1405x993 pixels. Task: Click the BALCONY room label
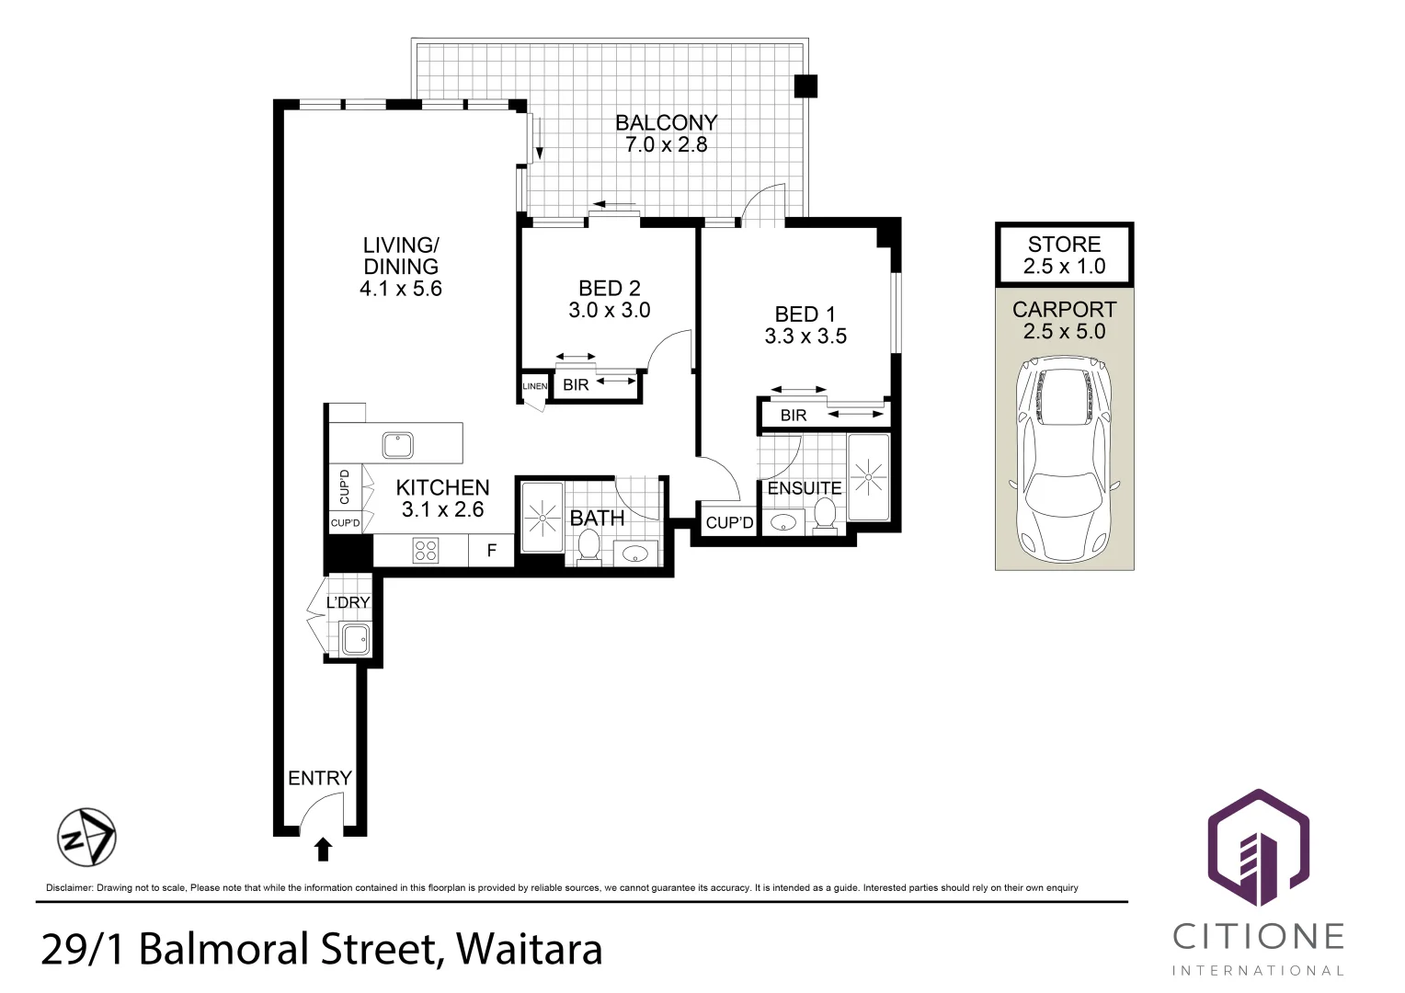pos(666,122)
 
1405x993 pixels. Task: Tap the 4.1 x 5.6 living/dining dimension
pos(401,289)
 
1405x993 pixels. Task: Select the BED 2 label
pos(609,288)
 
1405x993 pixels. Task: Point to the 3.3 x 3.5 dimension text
pos(805,337)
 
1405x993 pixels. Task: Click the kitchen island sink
pos(397,445)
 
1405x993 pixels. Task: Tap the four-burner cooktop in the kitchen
pos(425,551)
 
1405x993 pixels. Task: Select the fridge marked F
pos(492,551)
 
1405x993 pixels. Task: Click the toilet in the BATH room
pos(589,545)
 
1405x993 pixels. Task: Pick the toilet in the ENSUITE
pos(825,516)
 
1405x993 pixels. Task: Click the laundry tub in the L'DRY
pos(356,639)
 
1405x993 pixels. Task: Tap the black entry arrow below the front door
pos(323,850)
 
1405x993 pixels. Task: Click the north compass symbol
pos(86,838)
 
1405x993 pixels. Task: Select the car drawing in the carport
pos(1065,459)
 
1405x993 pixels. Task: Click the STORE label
pos(1065,244)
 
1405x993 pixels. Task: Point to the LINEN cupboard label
pos(535,386)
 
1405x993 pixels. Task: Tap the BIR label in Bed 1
pos(794,416)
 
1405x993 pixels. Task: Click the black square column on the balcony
pos(805,86)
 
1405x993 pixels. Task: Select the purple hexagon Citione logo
pos(1258,848)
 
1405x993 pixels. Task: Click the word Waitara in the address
pos(530,949)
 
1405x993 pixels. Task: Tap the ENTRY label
pos(320,778)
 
